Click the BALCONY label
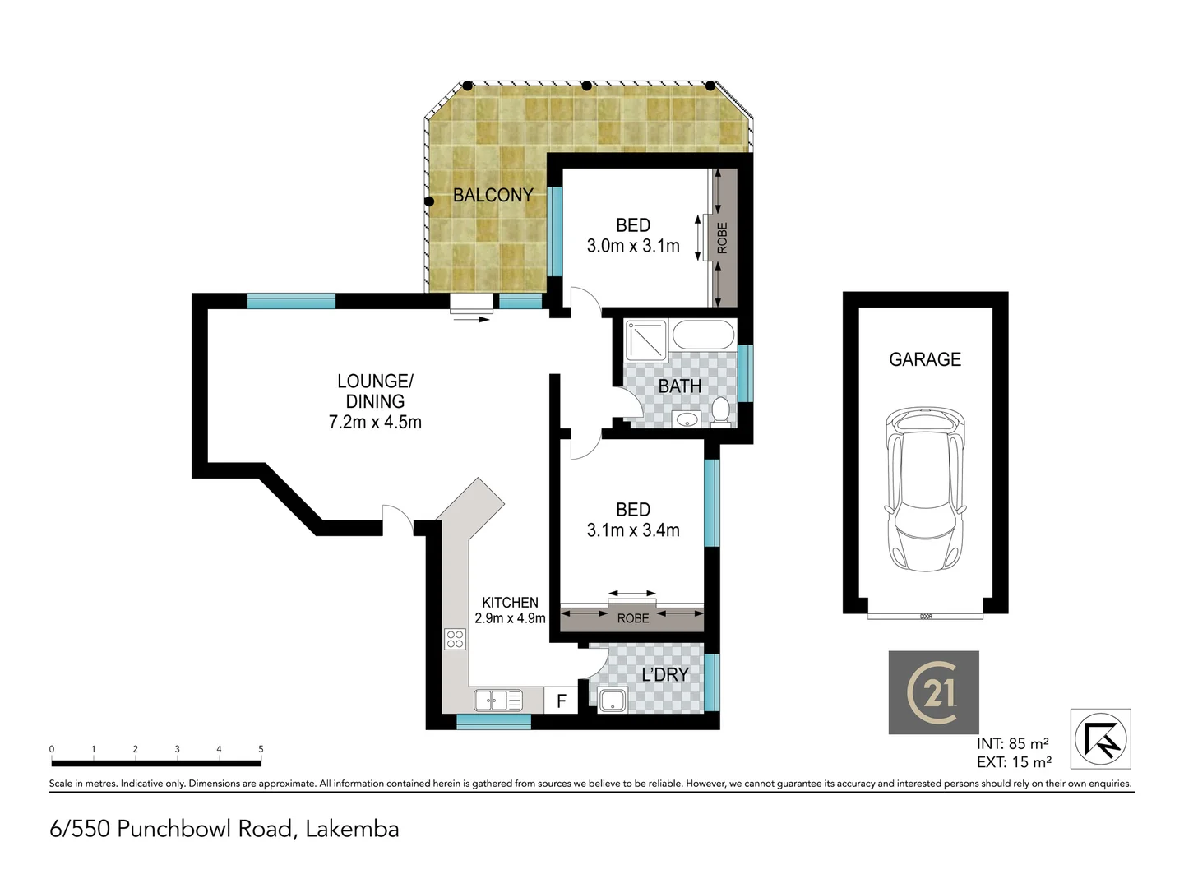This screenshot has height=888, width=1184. pyautogui.click(x=493, y=195)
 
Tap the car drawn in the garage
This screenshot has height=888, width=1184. pyautogui.click(x=925, y=490)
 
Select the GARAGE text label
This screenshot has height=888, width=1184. pyautogui.click(x=925, y=359)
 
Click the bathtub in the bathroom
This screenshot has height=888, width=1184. pyautogui.click(x=703, y=335)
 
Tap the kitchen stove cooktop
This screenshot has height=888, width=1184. pyautogui.click(x=455, y=638)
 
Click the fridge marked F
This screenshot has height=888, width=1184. pyautogui.click(x=562, y=701)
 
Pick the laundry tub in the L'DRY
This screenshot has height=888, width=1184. pyautogui.click(x=612, y=701)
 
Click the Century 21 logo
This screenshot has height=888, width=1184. pyautogui.click(x=933, y=692)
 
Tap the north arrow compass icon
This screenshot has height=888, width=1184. pyautogui.click(x=1100, y=738)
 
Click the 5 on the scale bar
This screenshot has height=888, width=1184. pyautogui.click(x=261, y=749)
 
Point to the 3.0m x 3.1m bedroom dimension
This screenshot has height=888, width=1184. pyautogui.click(x=633, y=246)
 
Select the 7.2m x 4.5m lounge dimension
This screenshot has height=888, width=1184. pyautogui.click(x=375, y=423)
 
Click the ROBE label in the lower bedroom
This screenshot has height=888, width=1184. pyautogui.click(x=632, y=618)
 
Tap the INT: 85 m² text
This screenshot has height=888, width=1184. pyautogui.click(x=1012, y=744)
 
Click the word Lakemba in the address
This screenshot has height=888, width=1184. pyautogui.click(x=352, y=829)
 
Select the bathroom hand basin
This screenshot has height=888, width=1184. pyautogui.click(x=684, y=420)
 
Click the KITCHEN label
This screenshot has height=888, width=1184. pyautogui.click(x=510, y=603)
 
